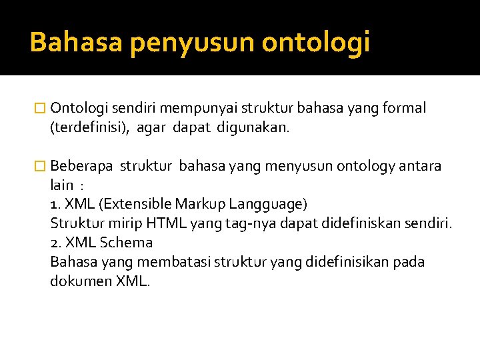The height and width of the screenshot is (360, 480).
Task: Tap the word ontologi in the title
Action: pyautogui.click(x=315, y=43)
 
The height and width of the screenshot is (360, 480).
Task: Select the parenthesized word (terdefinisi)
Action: pyautogui.click(x=91, y=128)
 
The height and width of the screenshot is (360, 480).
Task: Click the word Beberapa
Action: pyautogui.click(x=81, y=166)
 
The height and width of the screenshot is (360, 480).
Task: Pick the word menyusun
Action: pyautogui.click(x=294, y=166)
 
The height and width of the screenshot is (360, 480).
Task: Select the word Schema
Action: pyautogui.click(x=127, y=243)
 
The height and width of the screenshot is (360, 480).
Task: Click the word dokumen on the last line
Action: pyautogui.click(x=80, y=281)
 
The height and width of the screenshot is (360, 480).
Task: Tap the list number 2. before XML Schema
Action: pyautogui.click(x=56, y=243)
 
